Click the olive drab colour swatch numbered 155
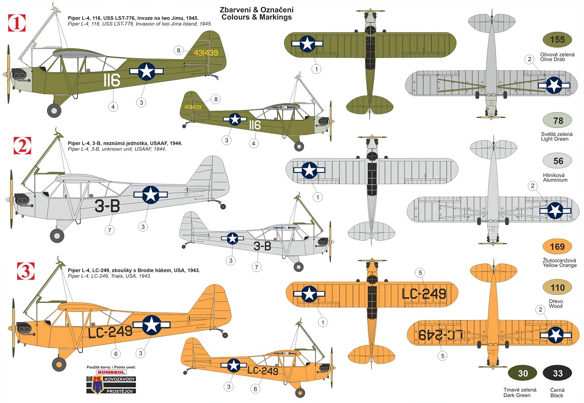pyautogui.click(x=557, y=40)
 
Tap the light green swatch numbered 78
pyautogui.click(x=558, y=121)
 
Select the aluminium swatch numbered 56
pyautogui.click(x=558, y=161)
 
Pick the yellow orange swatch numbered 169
pyautogui.click(x=558, y=247)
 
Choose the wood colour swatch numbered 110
pyautogui.click(x=558, y=288)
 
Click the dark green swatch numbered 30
pyautogui.click(x=523, y=373)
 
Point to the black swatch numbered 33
pyautogui.click(x=558, y=373)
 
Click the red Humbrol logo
pyautogui.click(x=111, y=372)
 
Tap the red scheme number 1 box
pyautogui.click(x=17, y=23)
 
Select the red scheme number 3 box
pyautogui.click(x=26, y=271)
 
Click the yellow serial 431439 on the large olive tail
pyautogui.click(x=206, y=53)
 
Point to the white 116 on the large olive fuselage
pyautogui.click(x=111, y=80)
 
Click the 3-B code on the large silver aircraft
pyautogui.click(x=107, y=206)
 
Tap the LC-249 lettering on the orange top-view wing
pyautogui.click(x=424, y=294)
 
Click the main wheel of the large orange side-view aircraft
pyautogui.click(x=59, y=364)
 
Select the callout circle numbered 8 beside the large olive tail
pyautogui.click(x=179, y=51)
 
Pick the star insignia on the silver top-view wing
pyautogui.click(x=309, y=170)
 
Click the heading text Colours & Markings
pyautogui.click(x=257, y=17)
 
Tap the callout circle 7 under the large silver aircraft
pyautogui.click(x=109, y=230)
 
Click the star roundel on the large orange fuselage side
pyautogui.click(x=151, y=325)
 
